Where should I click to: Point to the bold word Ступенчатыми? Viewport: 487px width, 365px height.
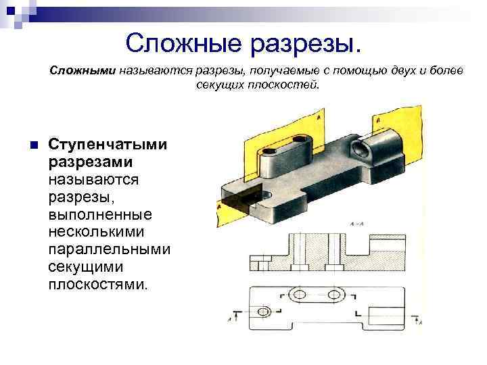point(109,145)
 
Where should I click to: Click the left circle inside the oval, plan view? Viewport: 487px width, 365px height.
point(298,294)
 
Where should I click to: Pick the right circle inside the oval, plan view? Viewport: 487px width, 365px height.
point(334,294)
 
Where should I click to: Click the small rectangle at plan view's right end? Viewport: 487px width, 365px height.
point(397,307)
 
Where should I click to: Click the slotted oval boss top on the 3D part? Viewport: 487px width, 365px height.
point(283,145)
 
